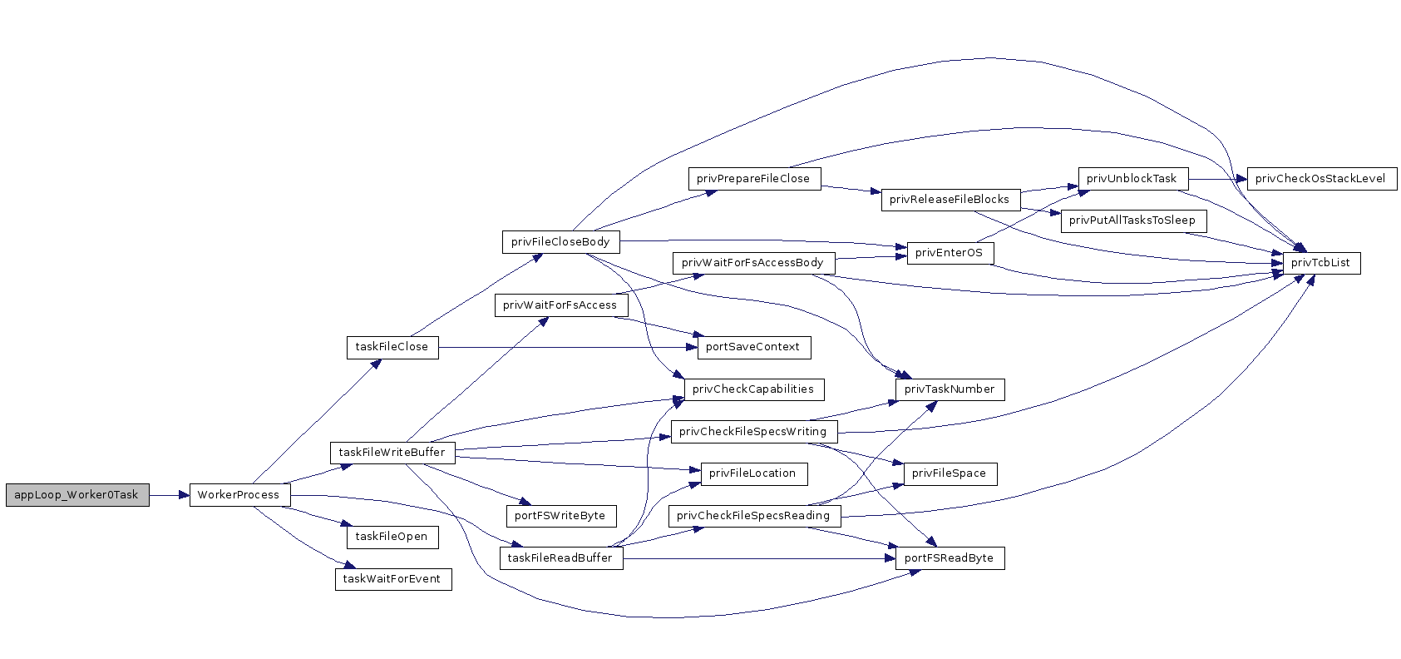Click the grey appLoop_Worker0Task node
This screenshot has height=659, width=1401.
pyautogui.click(x=77, y=495)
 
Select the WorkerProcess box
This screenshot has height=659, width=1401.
pyautogui.click(x=240, y=495)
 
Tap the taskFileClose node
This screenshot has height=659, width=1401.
pyautogui.click(x=392, y=347)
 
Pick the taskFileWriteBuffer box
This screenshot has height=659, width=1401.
pyautogui.click(x=392, y=453)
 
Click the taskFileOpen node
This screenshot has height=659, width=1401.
pyautogui.click(x=392, y=537)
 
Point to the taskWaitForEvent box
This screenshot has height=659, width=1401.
pyautogui.click(x=393, y=579)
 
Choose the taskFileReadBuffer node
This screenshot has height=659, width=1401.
pyautogui.click(x=562, y=558)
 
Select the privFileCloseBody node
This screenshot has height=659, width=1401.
pyautogui.click(x=561, y=242)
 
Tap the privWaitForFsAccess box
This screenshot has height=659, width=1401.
pyautogui.click(x=561, y=305)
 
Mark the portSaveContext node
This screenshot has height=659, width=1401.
pyautogui.click(x=754, y=347)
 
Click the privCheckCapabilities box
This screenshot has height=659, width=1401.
pyautogui.click(x=754, y=389)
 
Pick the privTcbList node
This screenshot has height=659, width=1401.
pyautogui.click(x=1321, y=263)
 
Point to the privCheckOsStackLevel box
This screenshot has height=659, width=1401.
pyautogui.click(x=1322, y=179)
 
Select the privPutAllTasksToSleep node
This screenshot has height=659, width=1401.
pyautogui.click(x=1134, y=221)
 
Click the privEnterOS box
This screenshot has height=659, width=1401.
pyautogui.click(x=950, y=253)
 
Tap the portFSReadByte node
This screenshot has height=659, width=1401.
pyautogui.click(x=950, y=558)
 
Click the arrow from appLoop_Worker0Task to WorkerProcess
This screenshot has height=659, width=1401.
pyautogui.click(x=170, y=496)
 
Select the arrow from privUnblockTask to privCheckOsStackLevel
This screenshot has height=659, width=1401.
pyautogui.click(x=1218, y=179)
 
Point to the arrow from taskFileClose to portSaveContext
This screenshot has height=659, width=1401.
pyautogui.click(x=568, y=347)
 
